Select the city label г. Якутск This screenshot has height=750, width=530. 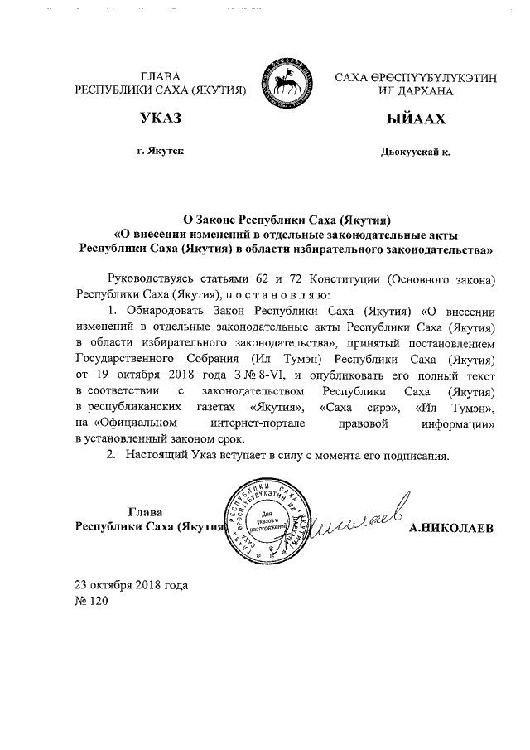pyautogui.click(x=161, y=152)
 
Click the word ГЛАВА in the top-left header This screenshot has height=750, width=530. pyautogui.click(x=161, y=76)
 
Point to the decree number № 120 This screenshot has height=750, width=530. pyautogui.click(x=92, y=601)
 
